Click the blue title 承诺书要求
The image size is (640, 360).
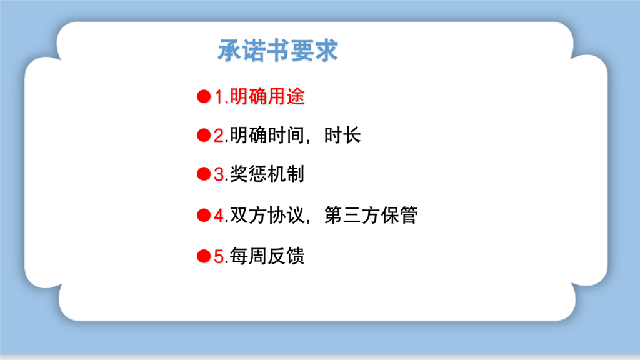point(277,50)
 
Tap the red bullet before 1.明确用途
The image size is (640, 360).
point(204,97)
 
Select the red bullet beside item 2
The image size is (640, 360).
point(204,135)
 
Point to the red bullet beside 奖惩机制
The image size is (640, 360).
point(204,174)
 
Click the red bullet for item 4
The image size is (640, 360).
point(204,215)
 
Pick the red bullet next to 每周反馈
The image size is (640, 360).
point(204,256)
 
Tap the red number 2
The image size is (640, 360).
point(219,136)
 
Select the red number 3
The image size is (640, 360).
point(219,174)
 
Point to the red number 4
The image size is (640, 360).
point(219,216)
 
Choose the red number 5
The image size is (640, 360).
point(219,257)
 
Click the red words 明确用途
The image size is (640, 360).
point(267,97)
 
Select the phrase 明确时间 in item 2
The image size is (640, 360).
point(267,135)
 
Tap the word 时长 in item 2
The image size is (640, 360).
point(342,135)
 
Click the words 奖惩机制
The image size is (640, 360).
point(267,174)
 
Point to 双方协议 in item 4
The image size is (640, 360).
point(267,215)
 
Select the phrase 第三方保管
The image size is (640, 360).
point(371,215)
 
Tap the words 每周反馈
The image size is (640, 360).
point(267,256)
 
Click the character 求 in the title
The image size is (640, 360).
point(326,50)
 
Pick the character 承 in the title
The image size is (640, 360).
point(229,50)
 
